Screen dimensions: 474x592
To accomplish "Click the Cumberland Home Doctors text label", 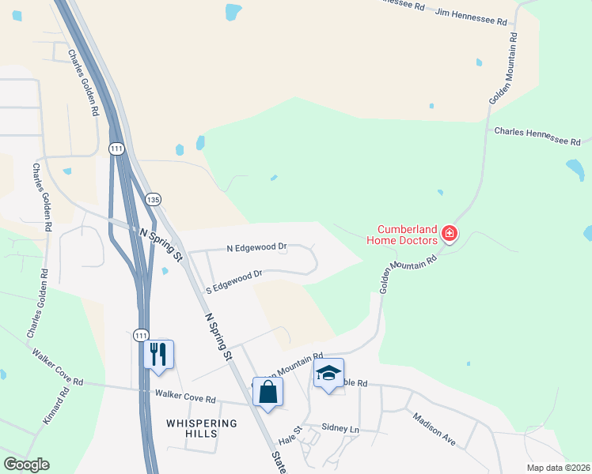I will tap(401, 234).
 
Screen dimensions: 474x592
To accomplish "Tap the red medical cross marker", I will tap(449, 233).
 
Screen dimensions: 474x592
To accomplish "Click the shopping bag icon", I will tap(268, 392).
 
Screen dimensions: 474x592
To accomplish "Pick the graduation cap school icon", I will tap(328, 373).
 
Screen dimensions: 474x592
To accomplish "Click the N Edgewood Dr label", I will tap(256, 248).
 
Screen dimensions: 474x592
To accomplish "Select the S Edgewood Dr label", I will tap(233, 281).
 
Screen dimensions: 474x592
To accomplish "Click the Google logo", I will tap(26, 465).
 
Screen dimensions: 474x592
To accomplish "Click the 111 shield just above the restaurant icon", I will tap(140, 335).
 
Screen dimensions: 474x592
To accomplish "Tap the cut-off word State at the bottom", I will tap(279, 462).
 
